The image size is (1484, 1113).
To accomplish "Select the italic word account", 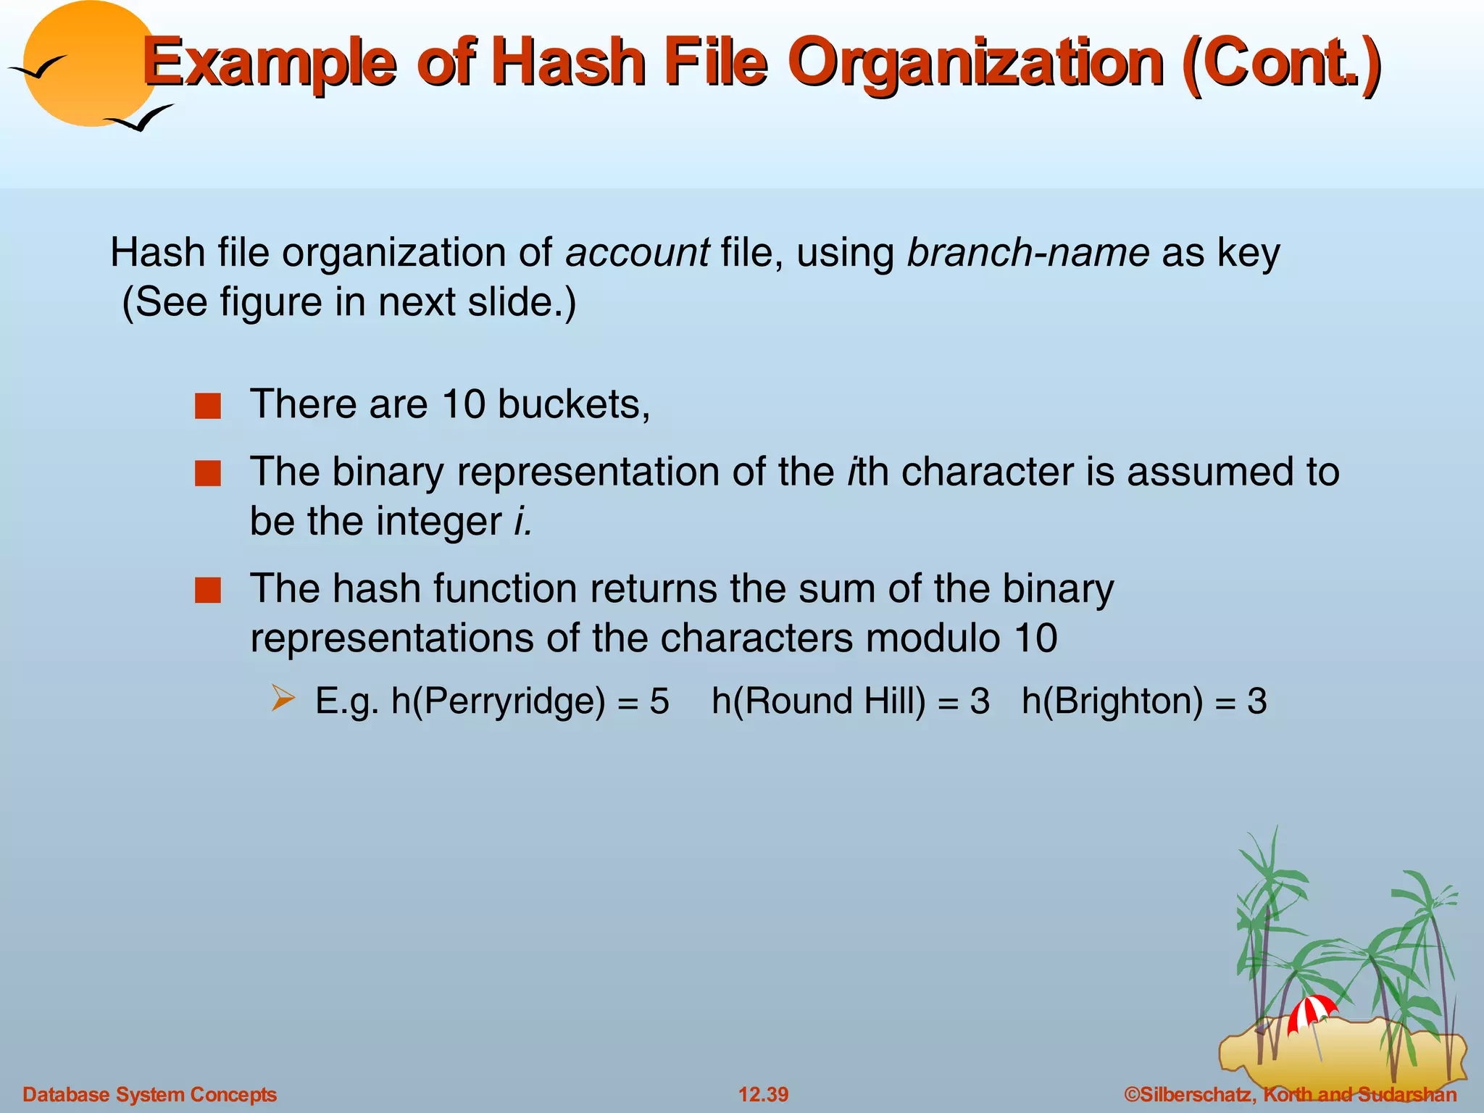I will point(637,253).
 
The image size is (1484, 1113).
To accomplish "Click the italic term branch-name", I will point(1027,253).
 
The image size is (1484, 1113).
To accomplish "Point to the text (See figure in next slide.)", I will point(349,302).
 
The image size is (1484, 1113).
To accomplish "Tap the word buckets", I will point(573,404).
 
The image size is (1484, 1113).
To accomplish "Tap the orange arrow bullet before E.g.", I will point(283,699).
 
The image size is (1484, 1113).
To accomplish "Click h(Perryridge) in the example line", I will point(498,701).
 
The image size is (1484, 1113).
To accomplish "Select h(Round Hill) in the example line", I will point(818,701).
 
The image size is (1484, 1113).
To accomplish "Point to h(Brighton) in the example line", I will point(1112,701).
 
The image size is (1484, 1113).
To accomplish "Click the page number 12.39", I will point(763,1094).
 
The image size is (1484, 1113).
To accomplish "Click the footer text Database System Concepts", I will point(150,1094).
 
